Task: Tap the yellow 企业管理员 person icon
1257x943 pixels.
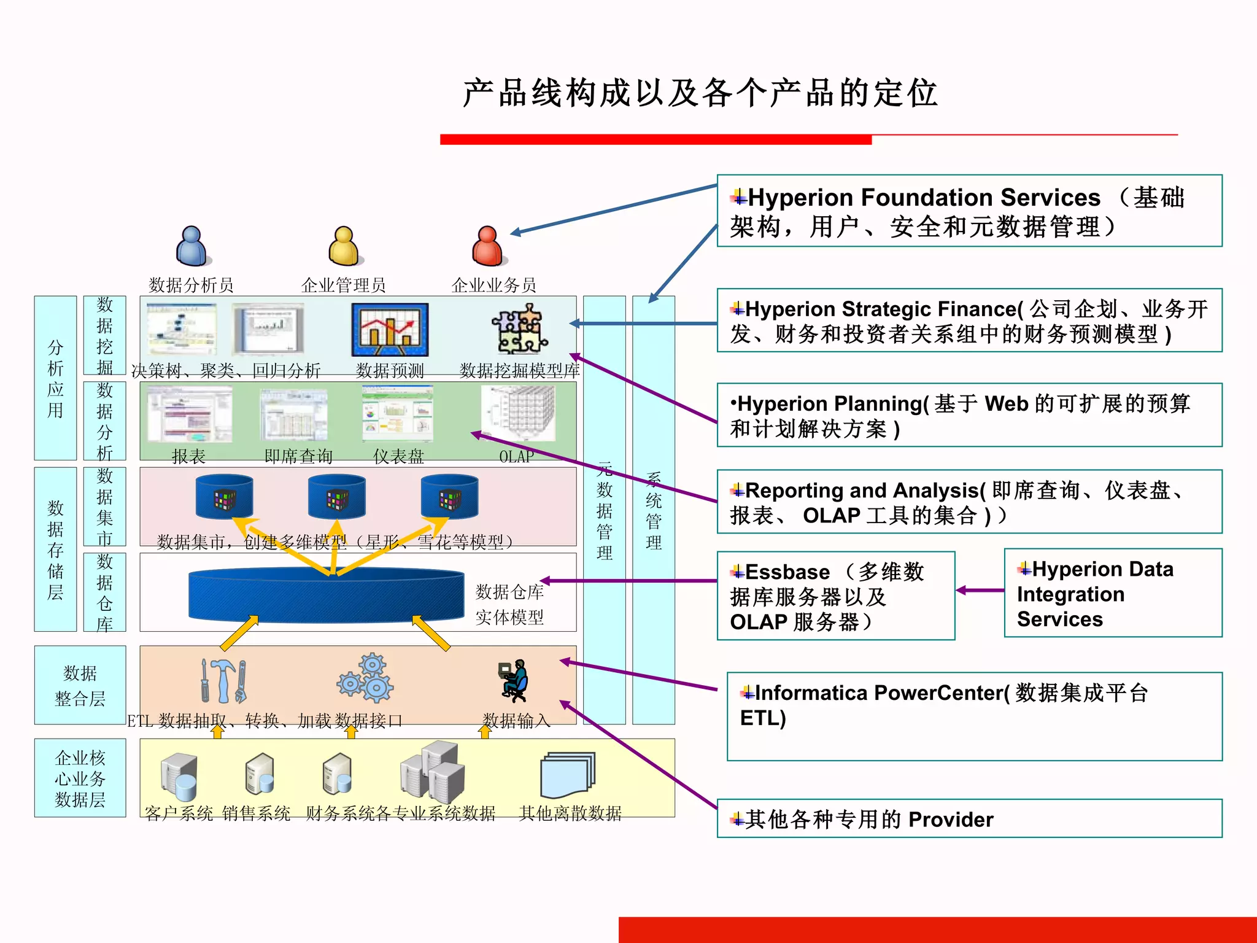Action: pyautogui.click(x=345, y=246)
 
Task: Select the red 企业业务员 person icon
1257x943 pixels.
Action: pyautogui.click(x=489, y=246)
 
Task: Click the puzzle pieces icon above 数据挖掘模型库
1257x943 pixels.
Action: pyautogui.click(x=521, y=330)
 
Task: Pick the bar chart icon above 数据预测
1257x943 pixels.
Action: pyautogui.click(x=390, y=330)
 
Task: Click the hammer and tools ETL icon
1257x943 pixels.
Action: pyautogui.click(x=224, y=681)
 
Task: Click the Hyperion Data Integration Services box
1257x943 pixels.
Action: pyautogui.click(x=1112, y=593)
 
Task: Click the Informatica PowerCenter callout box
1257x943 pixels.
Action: pyautogui.click(x=974, y=716)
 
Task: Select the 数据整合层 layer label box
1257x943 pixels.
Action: pyautogui.click(x=80, y=685)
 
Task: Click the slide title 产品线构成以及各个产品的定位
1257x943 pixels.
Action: pyautogui.click(x=700, y=93)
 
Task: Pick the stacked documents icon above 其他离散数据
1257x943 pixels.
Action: pyautogui.click(x=567, y=775)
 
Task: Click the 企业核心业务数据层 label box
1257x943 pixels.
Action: pyautogui.click(x=80, y=778)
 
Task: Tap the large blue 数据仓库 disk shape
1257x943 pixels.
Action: pyautogui.click(x=326, y=595)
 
